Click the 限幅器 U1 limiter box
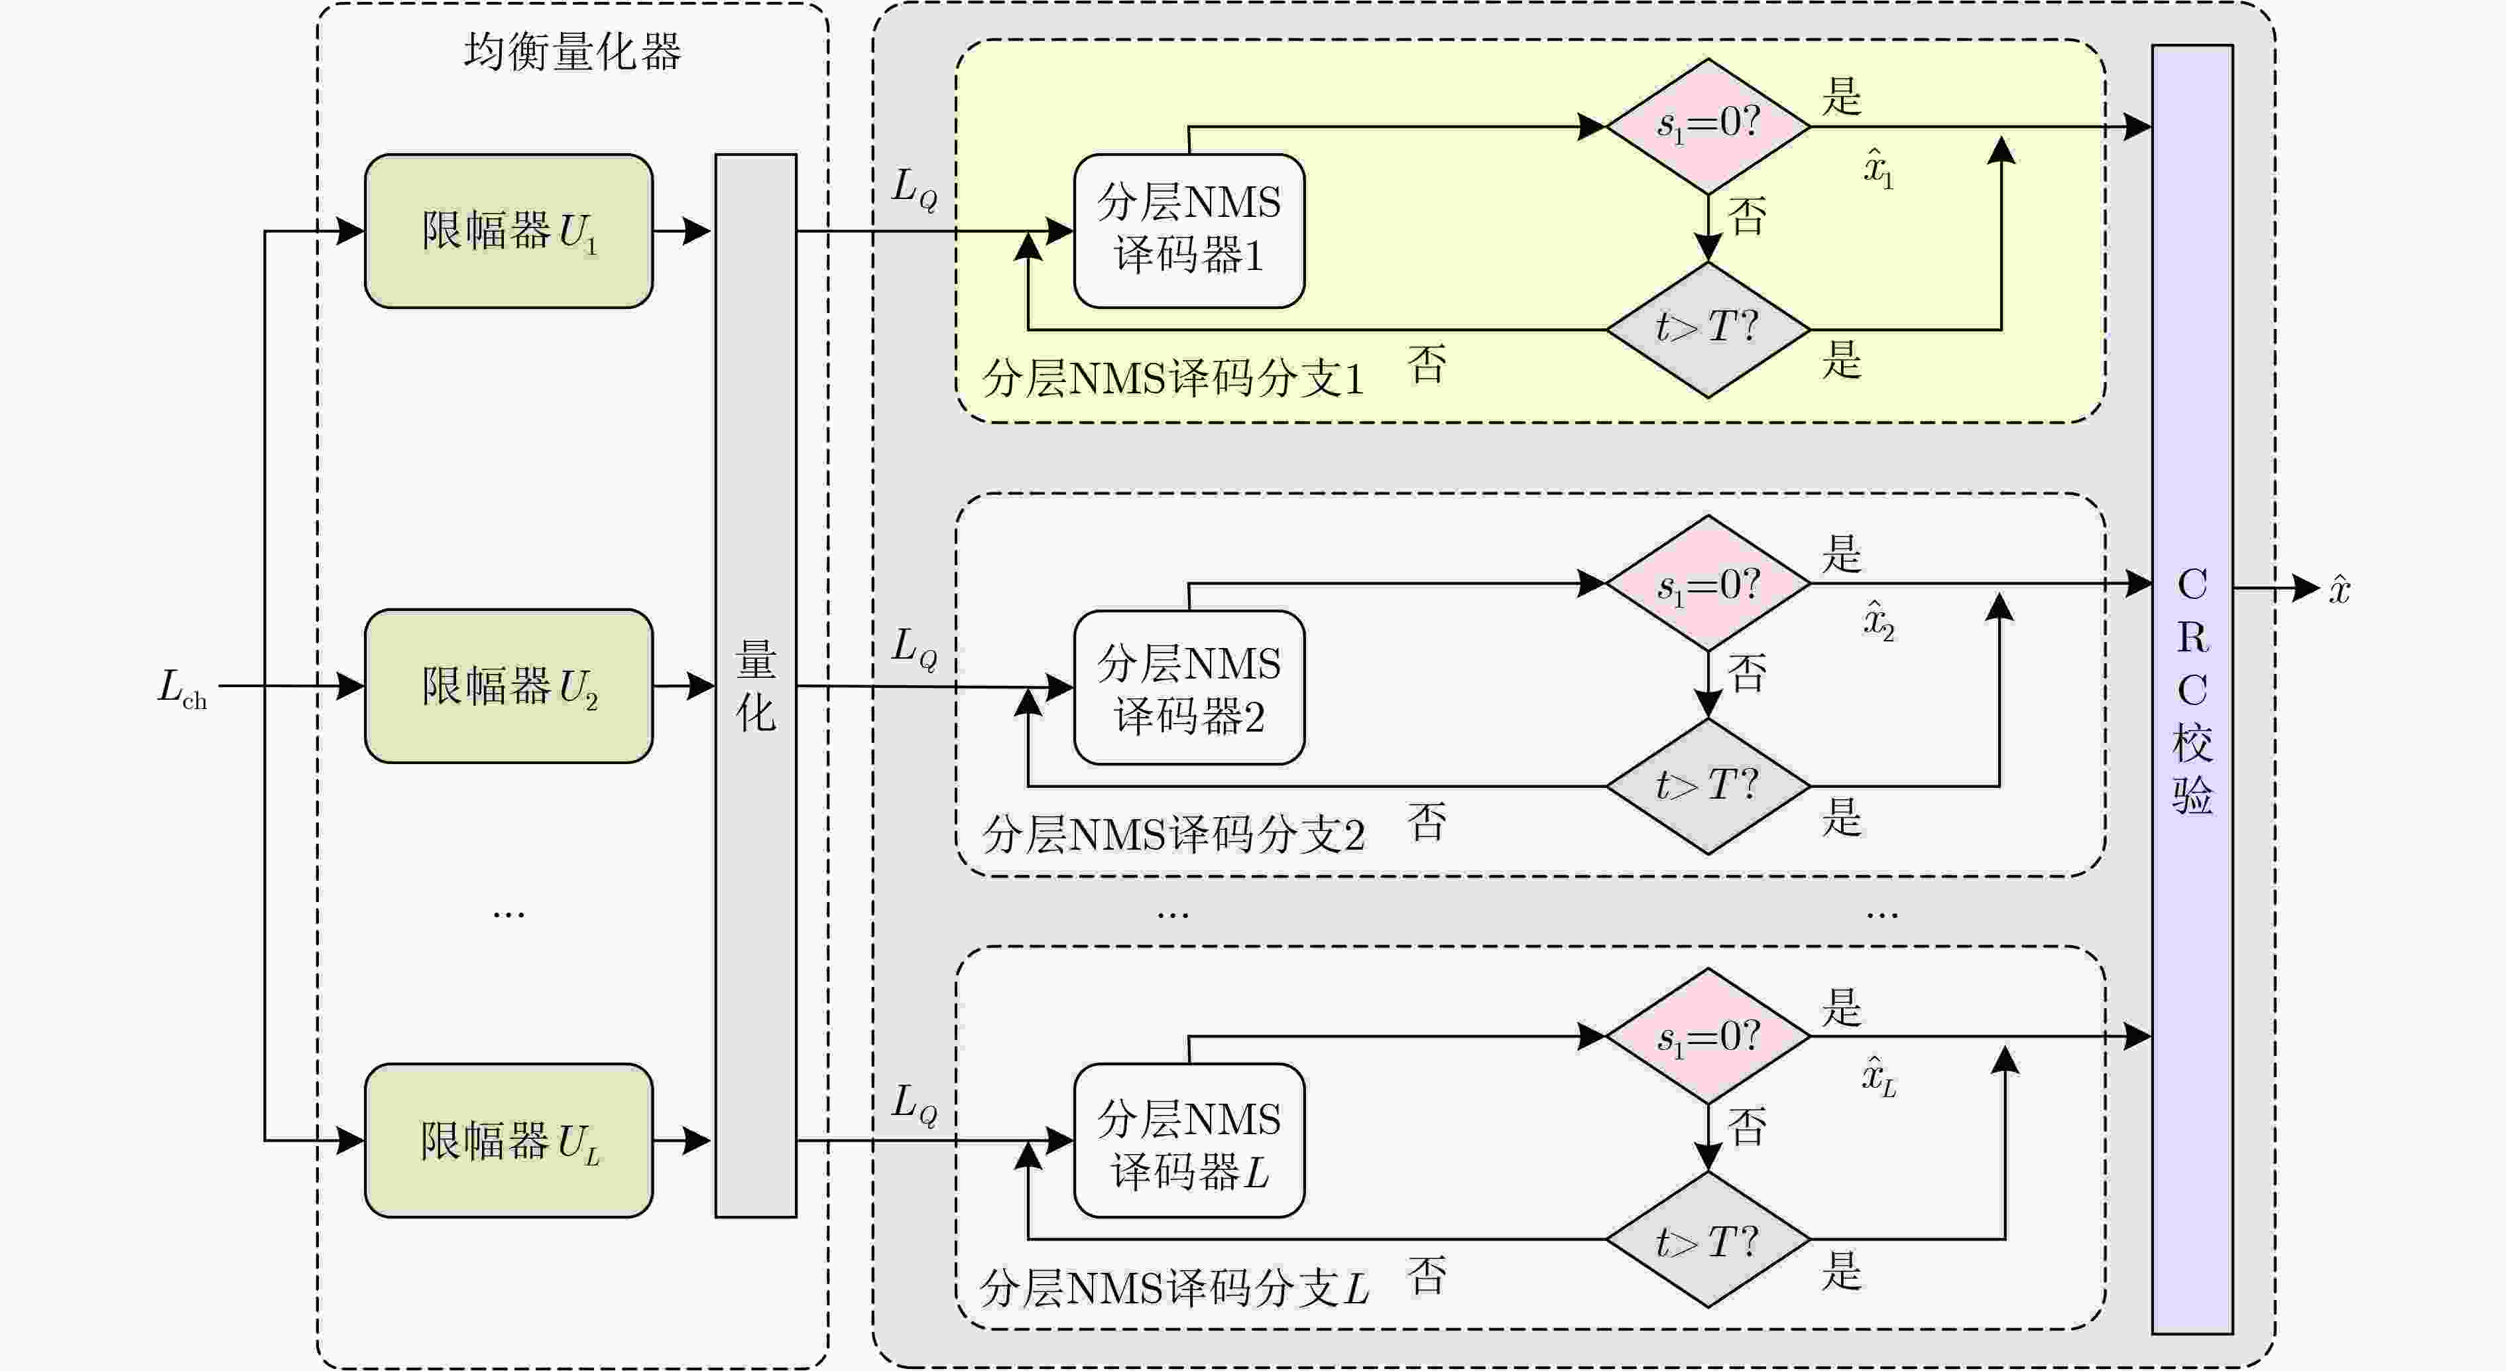pyautogui.click(x=508, y=231)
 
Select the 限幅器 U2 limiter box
pyautogui.click(x=508, y=686)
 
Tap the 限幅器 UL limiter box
pyautogui.click(x=508, y=1140)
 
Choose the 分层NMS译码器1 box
pyautogui.click(x=1189, y=231)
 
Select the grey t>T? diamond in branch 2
pyautogui.click(x=1708, y=786)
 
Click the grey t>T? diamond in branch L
pyautogui.click(x=1708, y=1240)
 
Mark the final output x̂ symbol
pyautogui.click(x=2340, y=589)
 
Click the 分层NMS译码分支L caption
pyautogui.click(x=1173, y=1288)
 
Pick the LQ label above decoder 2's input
pyautogui.click(x=914, y=647)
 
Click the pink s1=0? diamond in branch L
pyautogui.click(x=1708, y=1036)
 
